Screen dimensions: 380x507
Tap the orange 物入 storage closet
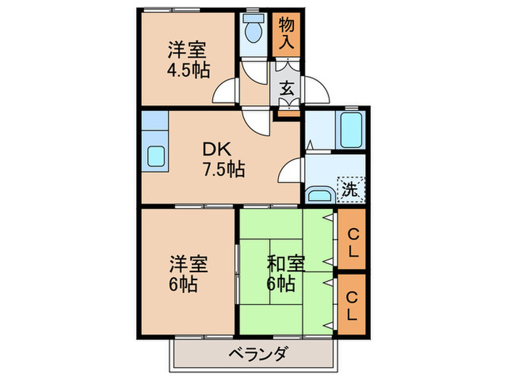[286, 33]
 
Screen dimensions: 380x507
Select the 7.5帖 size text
[223, 171]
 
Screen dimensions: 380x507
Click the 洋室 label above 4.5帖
[188, 51]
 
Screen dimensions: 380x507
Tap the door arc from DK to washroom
[290, 172]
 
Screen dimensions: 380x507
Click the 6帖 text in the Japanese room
[280, 284]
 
